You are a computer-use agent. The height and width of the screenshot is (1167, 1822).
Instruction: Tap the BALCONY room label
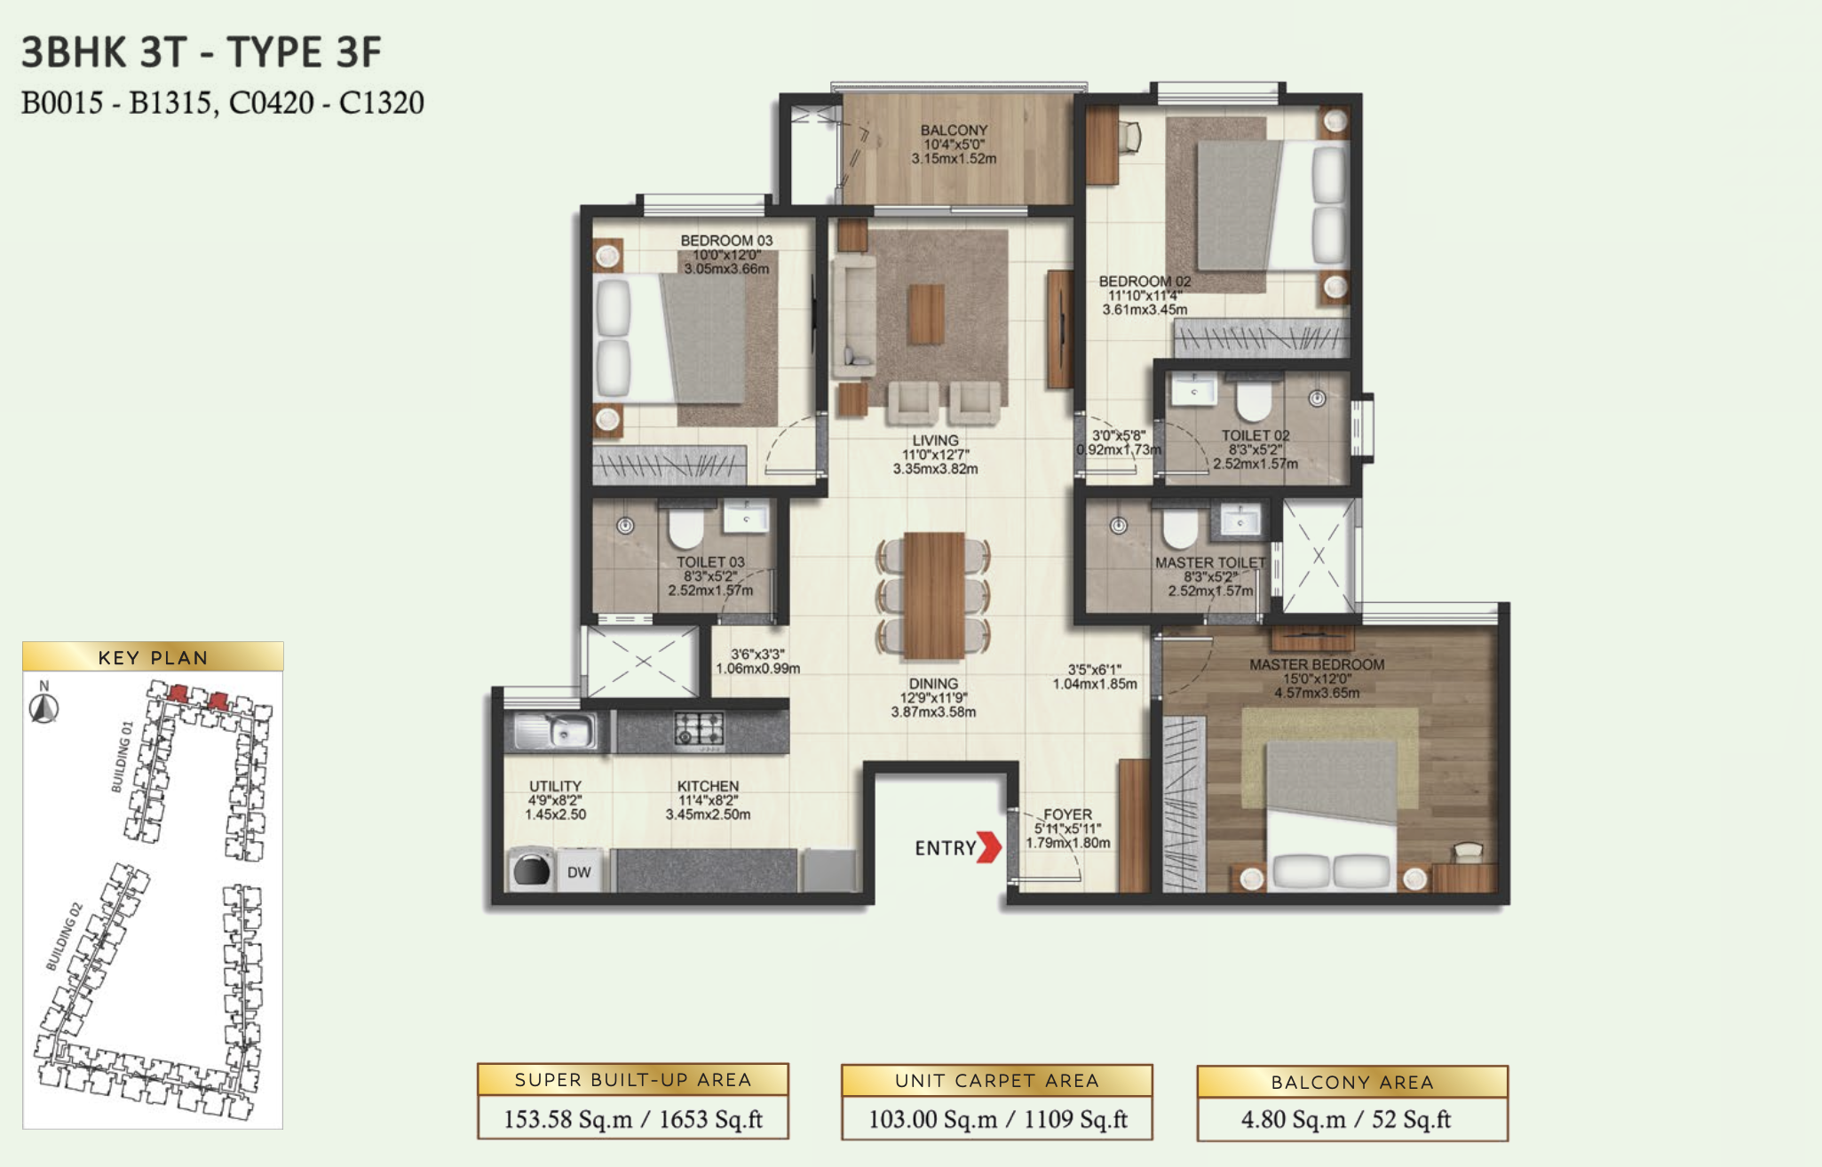(954, 131)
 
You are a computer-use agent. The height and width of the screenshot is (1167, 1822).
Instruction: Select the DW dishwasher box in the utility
(579, 872)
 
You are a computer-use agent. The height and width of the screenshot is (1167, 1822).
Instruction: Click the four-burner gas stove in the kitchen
(699, 729)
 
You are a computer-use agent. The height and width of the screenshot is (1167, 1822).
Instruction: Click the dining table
(934, 594)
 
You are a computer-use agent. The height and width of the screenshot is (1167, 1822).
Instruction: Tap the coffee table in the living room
(926, 314)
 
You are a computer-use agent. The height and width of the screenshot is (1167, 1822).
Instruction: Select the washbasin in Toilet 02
(1194, 389)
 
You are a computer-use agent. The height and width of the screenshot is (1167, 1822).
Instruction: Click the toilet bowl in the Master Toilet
(1180, 528)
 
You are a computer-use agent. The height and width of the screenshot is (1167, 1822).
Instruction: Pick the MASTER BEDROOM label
(1317, 664)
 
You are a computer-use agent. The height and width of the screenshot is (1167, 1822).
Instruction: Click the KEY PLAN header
(153, 657)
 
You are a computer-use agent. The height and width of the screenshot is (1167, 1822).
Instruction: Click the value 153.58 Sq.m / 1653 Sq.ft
(633, 1119)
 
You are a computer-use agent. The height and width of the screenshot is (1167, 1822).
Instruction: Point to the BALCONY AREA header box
(1352, 1082)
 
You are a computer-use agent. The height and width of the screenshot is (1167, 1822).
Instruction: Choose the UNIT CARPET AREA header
(996, 1080)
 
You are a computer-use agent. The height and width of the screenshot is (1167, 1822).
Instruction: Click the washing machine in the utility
(531, 870)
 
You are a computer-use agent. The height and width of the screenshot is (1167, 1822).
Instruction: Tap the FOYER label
(1067, 814)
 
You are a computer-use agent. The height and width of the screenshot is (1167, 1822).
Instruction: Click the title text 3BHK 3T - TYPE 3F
(202, 52)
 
